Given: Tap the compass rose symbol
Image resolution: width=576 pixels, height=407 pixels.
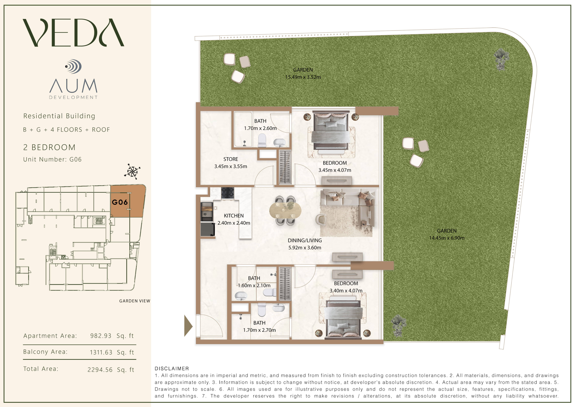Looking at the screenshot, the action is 132,172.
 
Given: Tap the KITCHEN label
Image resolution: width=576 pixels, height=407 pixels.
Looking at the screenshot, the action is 234,216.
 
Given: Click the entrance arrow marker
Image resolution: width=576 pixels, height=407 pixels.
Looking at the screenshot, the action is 188,326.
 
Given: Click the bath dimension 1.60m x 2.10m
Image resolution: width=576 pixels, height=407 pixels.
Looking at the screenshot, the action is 254,285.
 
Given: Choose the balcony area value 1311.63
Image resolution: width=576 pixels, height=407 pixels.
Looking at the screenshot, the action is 101,352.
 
